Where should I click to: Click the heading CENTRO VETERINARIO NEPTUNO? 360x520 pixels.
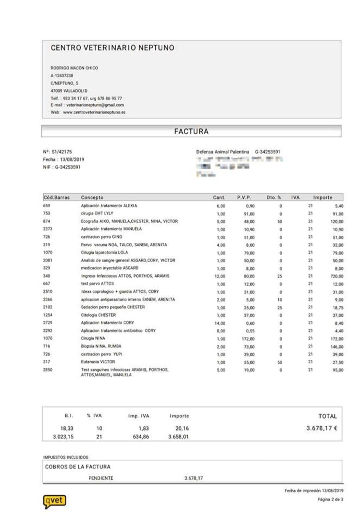coord(112,48)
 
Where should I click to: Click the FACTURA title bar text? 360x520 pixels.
coord(191,131)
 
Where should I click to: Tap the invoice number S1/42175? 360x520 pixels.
coord(62,152)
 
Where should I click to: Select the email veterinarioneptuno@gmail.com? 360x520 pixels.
coord(95,105)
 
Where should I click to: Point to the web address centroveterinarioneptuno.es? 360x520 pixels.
coord(94,112)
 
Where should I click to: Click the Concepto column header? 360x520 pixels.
coord(92,198)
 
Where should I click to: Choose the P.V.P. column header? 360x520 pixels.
coord(244,198)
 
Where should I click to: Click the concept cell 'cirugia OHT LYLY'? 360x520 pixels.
coord(97,214)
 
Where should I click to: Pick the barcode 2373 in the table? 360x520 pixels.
coord(48,229)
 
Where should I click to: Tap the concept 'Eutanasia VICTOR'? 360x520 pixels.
coord(98,362)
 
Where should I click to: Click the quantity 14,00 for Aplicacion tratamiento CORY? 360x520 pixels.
coord(220,323)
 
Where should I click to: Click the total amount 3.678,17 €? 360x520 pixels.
coord(321,428)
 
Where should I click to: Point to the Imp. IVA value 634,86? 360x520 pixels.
coord(141,437)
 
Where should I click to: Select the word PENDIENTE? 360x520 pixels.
coord(101,478)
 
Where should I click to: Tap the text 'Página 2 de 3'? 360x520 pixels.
coord(330,499)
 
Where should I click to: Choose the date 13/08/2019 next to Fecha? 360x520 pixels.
coord(72,160)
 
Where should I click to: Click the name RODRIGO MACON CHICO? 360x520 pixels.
coord(74,68)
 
